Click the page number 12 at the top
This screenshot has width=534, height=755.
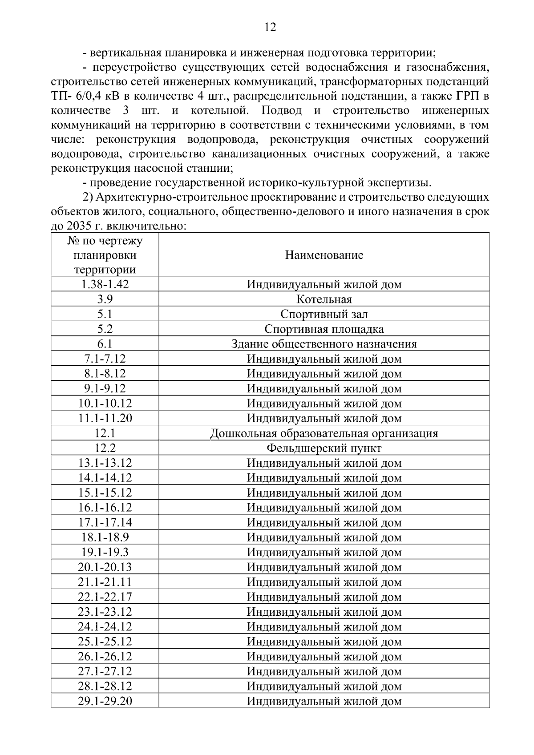coord(270,28)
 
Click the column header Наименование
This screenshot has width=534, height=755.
coord(324,255)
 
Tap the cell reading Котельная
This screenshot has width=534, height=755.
coord(324,299)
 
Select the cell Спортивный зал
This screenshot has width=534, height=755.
coord(324,315)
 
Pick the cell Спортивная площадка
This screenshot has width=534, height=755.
coord(324,329)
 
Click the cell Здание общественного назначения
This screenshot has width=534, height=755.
coord(324,344)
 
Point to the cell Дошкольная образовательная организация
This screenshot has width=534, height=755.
coord(324,434)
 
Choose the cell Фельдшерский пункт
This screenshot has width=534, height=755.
coord(324,448)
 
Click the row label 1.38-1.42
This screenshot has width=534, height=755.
coord(105,285)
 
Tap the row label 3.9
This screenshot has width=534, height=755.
coord(105,299)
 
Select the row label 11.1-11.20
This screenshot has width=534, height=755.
coord(105,419)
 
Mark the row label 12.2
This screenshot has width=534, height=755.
coord(105,448)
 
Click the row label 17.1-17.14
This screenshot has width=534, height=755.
coord(105,523)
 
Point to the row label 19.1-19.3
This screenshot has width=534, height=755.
coord(105,553)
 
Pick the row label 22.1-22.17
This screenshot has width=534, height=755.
coord(105,597)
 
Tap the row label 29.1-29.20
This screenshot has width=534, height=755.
coord(105,702)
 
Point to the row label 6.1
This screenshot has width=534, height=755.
coord(105,344)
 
